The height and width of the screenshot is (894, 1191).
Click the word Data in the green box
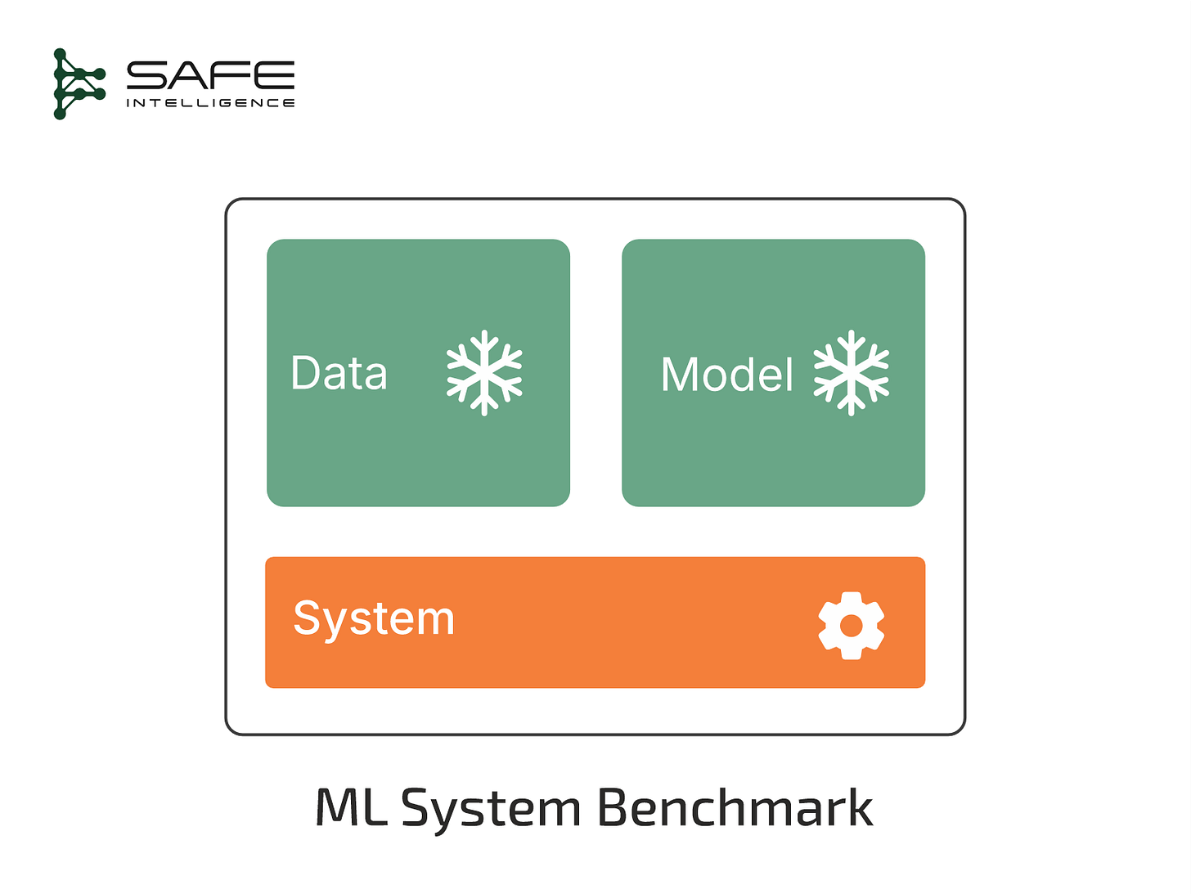tap(339, 374)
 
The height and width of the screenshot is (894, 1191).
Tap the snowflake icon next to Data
tap(484, 373)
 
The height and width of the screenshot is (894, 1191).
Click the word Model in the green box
tap(726, 375)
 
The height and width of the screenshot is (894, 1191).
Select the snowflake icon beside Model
tap(851, 373)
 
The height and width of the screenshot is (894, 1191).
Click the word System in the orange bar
tap(374, 619)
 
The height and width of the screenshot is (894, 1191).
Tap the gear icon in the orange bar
tap(851, 626)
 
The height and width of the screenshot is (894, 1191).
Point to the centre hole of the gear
tap(851, 626)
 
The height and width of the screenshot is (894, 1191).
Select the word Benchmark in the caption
tap(735, 808)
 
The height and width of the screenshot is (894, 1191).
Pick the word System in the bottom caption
tap(491, 810)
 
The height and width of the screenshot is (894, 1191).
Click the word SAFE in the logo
tap(210, 76)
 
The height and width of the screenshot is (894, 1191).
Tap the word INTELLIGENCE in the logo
tap(210, 103)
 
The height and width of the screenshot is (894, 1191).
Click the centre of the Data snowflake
tap(484, 373)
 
